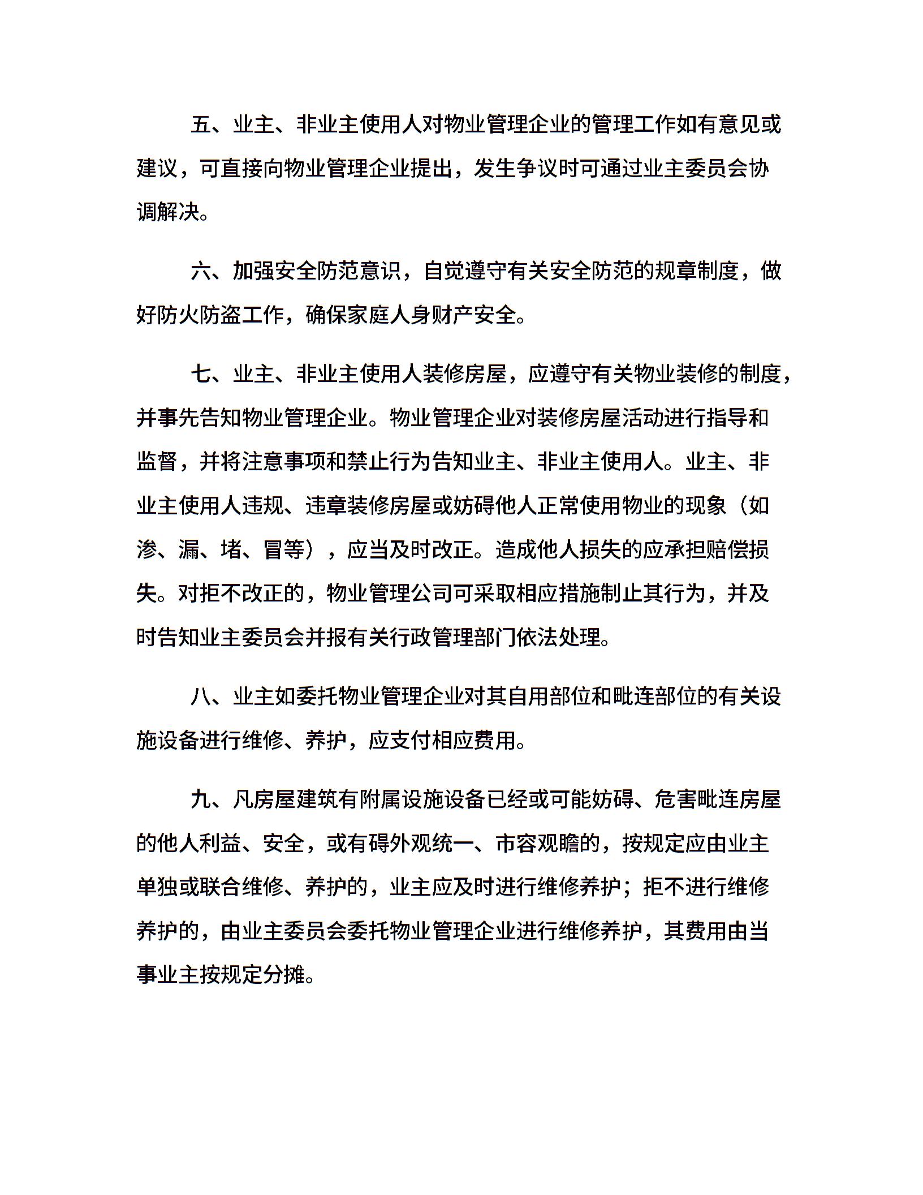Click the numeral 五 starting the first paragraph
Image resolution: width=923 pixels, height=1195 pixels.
(x=201, y=124)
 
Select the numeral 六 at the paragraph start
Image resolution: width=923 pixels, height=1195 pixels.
(x=201, y=271)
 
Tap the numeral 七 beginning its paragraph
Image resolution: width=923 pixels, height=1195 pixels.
(x=201, y=374)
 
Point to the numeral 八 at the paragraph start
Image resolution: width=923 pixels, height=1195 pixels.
(x=201, y=697)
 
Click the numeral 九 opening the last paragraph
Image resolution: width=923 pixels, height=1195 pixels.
(x=201, y=799)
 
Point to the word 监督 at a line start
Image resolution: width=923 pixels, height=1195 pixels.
(x=158, y=462)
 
